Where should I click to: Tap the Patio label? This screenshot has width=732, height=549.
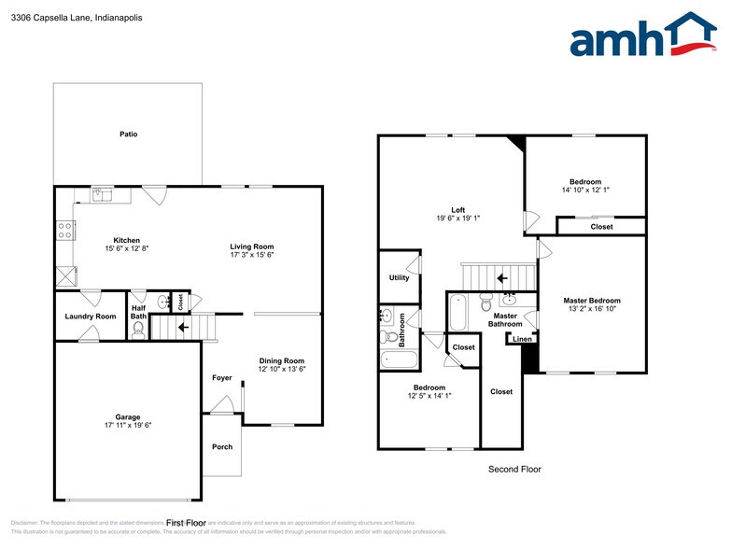pos(128,134)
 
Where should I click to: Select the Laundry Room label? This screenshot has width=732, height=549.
pos(91,317)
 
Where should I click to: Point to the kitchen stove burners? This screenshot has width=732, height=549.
pos(65,229)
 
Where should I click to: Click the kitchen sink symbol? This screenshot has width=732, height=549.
pos(102,194)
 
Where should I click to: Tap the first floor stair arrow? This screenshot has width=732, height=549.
pos(183,327)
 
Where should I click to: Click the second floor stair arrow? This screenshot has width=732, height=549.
pos(501,277)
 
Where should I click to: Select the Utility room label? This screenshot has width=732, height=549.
pos(399,278)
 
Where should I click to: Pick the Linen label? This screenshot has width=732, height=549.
pos(523,339)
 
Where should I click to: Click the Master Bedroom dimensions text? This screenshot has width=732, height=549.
pos(591,310)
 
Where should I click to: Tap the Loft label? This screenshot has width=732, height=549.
pos(457,209)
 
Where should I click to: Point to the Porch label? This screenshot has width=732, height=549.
pos(222,446)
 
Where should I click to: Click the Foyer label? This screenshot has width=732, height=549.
pos(221,378)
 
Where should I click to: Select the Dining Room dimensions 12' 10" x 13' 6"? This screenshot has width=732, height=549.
pos(282,370)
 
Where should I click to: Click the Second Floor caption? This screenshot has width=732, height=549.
pos(514,470)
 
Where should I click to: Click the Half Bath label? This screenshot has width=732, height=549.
pos(138,312)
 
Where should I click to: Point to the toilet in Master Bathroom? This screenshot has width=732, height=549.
pos(486,303)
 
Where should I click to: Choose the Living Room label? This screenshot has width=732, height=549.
pos(252,246)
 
